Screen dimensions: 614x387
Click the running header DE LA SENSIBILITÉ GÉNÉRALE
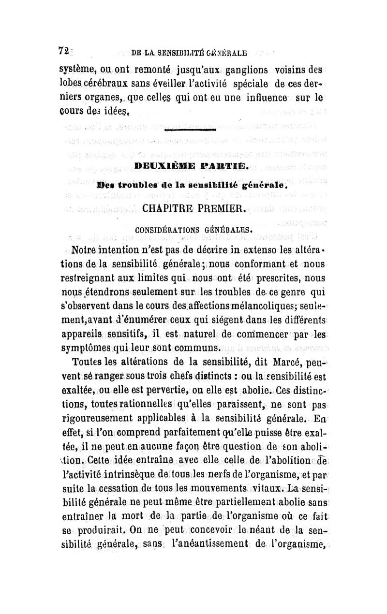coord(189,52)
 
